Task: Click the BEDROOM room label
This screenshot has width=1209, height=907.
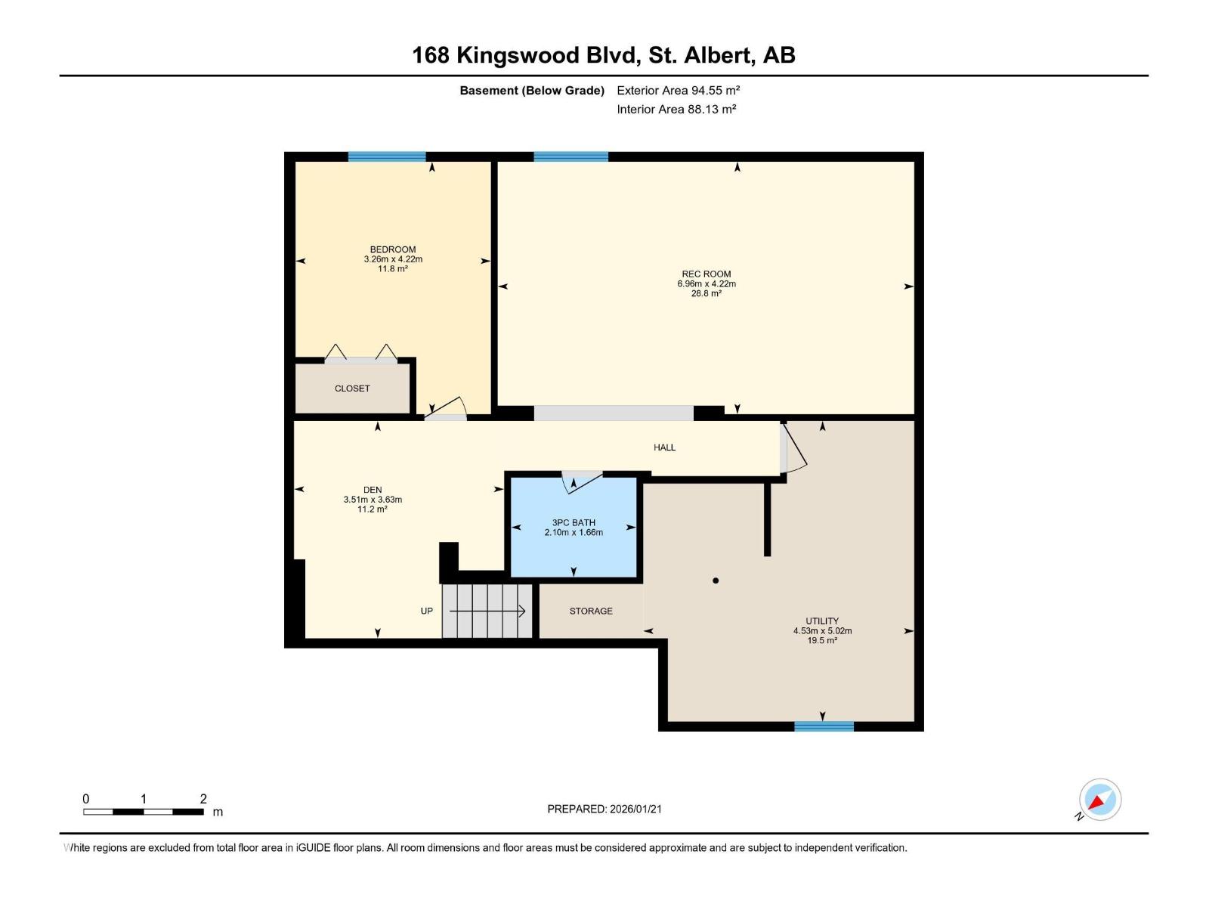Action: click(392, 249)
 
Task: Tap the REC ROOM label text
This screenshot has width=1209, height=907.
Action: click(706, 274)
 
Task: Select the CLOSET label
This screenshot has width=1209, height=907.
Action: click(352, 388)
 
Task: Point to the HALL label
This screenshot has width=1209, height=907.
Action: click(664, 447)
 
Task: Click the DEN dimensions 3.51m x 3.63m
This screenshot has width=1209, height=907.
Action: click(373, 500)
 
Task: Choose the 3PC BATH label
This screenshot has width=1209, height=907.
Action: click(574, 522)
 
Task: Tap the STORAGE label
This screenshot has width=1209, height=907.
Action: click(591, 611)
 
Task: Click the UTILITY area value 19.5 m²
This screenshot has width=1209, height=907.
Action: click(822, 640)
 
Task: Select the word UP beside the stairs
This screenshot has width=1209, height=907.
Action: click(426, 611)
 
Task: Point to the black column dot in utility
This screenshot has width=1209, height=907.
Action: click(716, 580)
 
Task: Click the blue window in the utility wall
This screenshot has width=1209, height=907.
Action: click(824, 726)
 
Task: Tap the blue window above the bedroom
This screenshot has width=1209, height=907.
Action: click(387, 156)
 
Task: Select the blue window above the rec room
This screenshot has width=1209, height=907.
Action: click(570, 156)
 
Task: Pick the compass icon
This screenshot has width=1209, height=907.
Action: click(1099, 800)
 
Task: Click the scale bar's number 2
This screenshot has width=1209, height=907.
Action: click(203, 799)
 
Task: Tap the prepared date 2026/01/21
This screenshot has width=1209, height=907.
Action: click(635, 809)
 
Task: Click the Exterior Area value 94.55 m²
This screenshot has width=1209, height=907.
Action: click(715, 90)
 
